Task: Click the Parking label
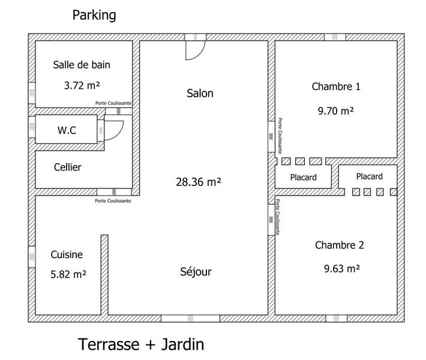tap(94, 15)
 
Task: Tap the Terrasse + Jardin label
tap(141, 344)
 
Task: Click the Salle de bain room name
tap(82, 65)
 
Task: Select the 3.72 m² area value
tap(82, 85)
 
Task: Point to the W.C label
tap(67, 130)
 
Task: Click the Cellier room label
tap(67, 167)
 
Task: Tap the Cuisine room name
tap(67, 254)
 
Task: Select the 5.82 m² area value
tap(68, 274)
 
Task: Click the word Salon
tap(200, 93)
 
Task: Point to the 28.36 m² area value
tap(199, 182)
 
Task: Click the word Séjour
tap(196, 271)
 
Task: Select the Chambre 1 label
tap(336, 86)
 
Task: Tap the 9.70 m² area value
tap(336, 110)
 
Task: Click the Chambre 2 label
tap(340, 245)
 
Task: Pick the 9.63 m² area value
tap(342, 268)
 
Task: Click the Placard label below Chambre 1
tap(304, 178)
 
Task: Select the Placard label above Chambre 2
tap(370, 176)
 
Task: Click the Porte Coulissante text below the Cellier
tap(113, 201)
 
